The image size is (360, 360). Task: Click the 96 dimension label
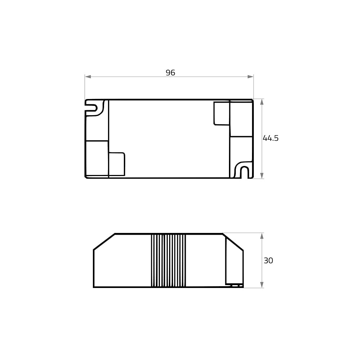pos(170,73)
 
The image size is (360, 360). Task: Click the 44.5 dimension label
pos(270,138)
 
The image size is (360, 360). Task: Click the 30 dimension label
pos(268,261)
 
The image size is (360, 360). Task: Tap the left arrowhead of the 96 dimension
pos(88,76)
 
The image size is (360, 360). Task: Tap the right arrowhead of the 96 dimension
pos(251,76)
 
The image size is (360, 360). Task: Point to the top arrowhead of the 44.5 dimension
pos(262,102)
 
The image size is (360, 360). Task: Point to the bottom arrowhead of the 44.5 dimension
pos(262,176)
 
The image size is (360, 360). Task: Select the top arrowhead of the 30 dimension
pos(262,236)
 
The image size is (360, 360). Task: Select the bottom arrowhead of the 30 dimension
pos(262,285)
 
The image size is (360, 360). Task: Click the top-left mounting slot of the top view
pos(94,108)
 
